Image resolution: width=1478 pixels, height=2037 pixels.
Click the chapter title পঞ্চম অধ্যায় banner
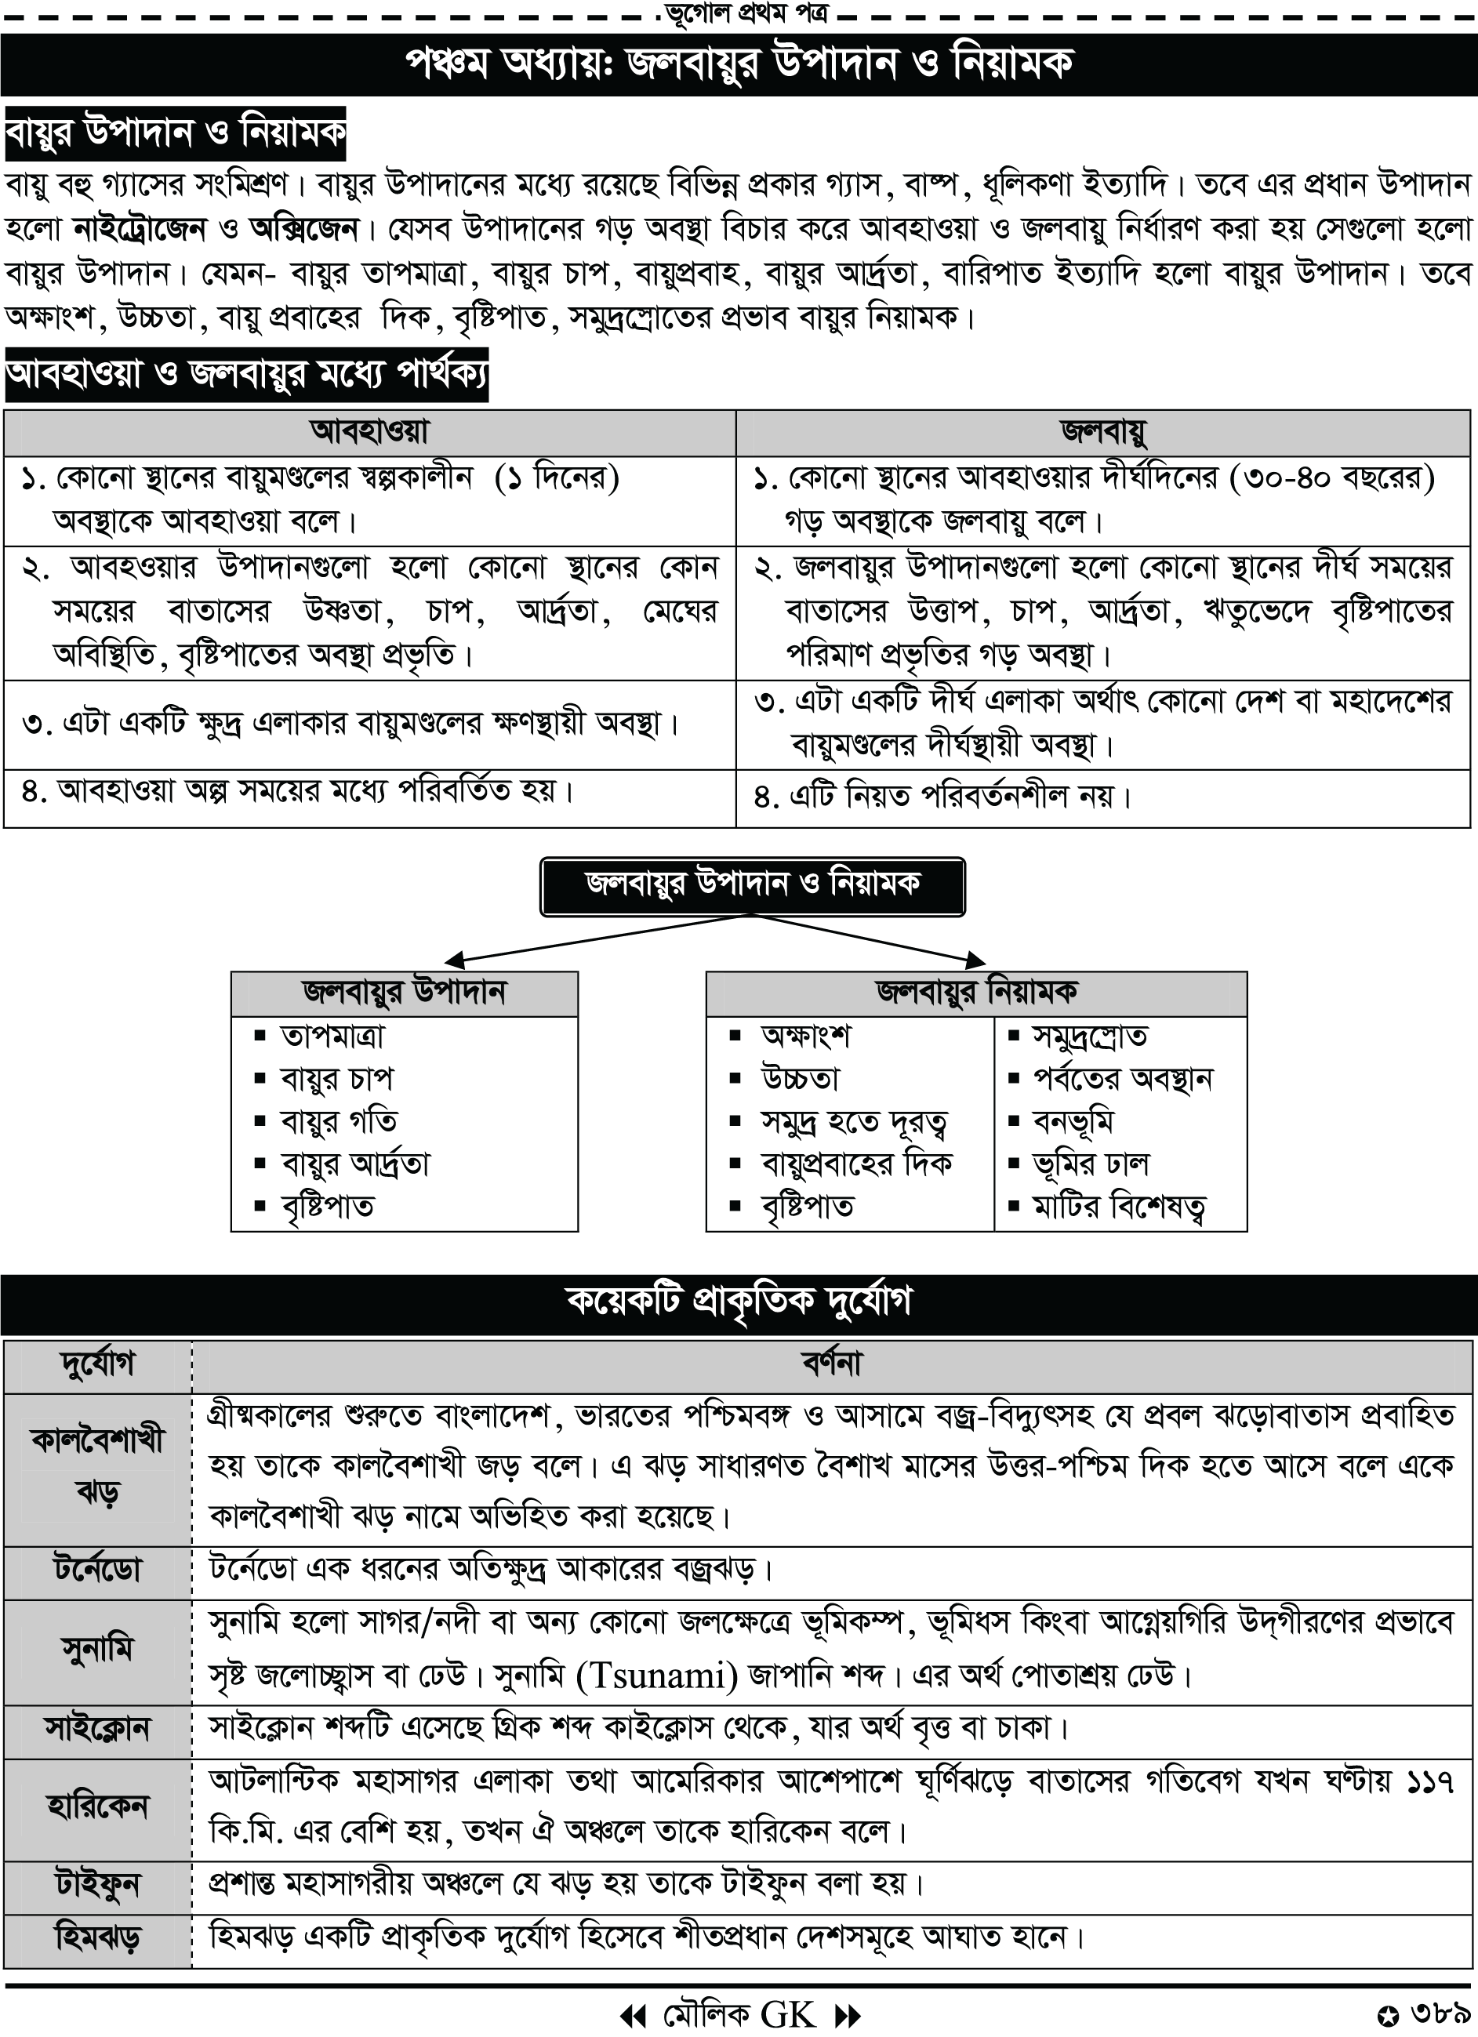[738, 64]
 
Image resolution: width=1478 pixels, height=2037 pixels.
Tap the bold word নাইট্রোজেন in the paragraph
[140, 229]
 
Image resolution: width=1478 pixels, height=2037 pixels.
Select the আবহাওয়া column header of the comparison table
[369, 433]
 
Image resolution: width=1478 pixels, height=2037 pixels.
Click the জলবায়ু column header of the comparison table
[1103, 433]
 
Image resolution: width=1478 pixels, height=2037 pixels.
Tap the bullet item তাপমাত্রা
[332, 1037]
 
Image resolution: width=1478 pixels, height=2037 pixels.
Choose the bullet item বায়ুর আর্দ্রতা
[355, 1165]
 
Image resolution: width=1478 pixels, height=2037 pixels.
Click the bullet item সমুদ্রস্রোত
[1090, 1037]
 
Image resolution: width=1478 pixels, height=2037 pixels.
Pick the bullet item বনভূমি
[1073, 1122]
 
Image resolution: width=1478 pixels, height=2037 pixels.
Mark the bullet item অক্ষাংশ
[805, 1037]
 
